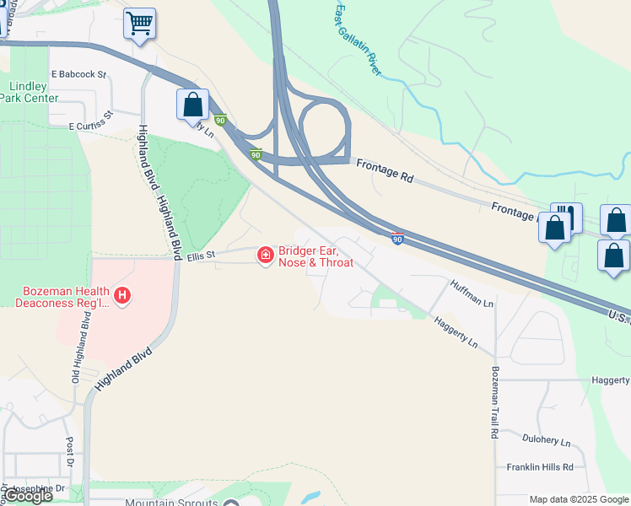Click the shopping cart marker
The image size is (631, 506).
click(139, 24)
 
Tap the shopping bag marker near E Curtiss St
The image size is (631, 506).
click(192, 105)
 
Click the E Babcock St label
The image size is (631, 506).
click(78, 74)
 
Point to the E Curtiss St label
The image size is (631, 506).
click(91, 121)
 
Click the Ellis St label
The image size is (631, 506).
click(202, 255)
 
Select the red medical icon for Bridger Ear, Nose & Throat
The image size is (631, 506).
click(265, 254)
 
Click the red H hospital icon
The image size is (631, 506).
click(123, 296)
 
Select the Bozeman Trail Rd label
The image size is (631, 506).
click(494, 402)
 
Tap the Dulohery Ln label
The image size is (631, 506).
click(546, 442)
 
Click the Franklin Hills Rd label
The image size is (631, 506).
click(540, 466)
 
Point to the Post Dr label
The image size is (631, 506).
click(70, 455)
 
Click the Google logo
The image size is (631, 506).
click(29, 496)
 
